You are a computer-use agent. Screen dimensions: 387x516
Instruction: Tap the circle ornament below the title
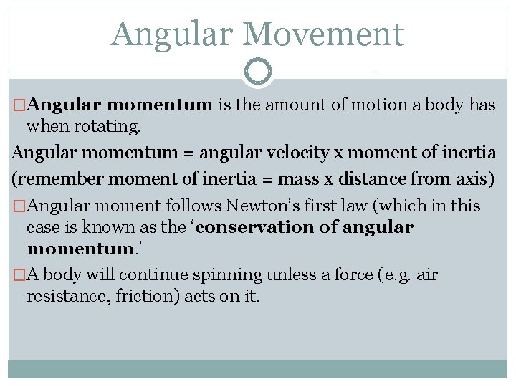point(258,72)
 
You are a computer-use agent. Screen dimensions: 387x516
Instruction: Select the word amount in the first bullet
point(297,105)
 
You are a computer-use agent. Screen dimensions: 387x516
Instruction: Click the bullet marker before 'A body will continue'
point(19,275)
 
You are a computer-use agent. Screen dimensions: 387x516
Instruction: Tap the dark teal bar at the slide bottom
point(258,369)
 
